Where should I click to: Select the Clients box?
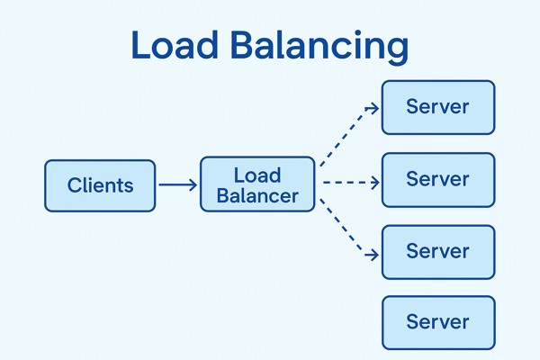(100, 185)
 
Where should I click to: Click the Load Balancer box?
(257, 185)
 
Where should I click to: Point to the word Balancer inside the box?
(257, 195)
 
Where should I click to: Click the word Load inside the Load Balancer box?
(257, 175)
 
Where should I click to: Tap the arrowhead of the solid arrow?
(192, 185)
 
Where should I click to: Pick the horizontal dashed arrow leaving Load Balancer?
(346, 183)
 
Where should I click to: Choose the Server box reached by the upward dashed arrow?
(438, 107)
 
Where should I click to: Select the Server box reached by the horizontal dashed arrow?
(438, 179)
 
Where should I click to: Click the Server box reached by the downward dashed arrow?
(438, 251)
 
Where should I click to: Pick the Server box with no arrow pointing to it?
(438, 321)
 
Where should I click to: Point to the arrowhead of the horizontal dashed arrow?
(373, 183)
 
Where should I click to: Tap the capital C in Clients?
(75, 186)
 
